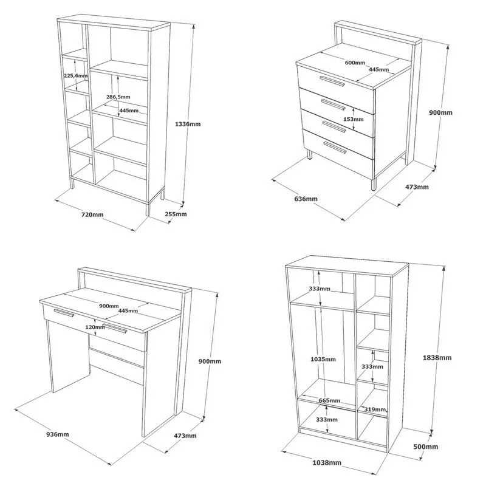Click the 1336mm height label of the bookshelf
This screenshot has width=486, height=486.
(x=188, y=124)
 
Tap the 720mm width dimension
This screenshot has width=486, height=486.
(x=92, y=214)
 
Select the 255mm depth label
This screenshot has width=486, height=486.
(x=176, y=214)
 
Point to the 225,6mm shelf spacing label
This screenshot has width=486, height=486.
(x=75, y=75)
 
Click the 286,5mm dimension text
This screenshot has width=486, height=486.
(x=118, y=97)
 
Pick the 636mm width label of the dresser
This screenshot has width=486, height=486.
(x=306, y=199)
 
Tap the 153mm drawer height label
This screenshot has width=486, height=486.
(x=354, y=119)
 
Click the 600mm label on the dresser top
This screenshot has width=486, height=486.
(x=355, y=63)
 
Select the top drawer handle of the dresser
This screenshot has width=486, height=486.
(x=332, y=81)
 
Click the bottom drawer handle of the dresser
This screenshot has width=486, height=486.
(x=335, y=147)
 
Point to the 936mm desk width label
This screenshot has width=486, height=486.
(x=58, y=434)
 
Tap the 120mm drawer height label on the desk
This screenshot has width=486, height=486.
(x=95, y=327)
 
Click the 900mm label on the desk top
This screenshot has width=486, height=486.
(x=109, y=306)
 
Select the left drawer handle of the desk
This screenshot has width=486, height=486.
(x=64, y=313)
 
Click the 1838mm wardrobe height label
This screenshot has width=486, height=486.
(x=437, y=358)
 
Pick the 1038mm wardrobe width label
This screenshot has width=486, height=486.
(x=327, y=463)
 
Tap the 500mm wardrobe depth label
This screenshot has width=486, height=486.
(x=426, y=447)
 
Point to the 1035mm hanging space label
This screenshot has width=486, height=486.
(x=323, y=359)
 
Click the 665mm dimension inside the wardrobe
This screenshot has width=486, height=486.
(x=329, y=400)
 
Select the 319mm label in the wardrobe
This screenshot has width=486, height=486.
(x=375, y=409)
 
